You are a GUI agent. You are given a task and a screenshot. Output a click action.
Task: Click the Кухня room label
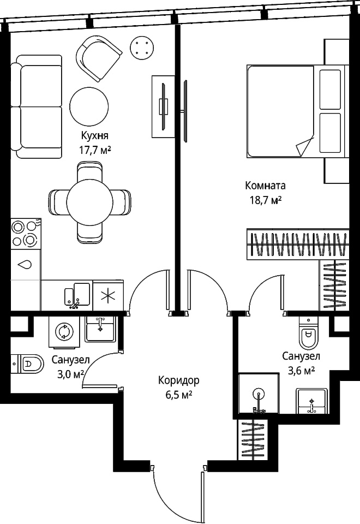pyautogui.click(x=95, y=135)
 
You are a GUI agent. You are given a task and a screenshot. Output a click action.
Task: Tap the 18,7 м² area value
pyautogui.click(x=266, y=200)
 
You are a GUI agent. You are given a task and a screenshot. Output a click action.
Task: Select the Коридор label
pyautogui.click(x=179, y=380)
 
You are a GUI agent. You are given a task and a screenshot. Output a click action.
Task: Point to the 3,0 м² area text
pyautogui.click(x=70, y=374)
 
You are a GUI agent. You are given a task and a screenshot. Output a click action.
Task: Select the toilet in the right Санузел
pyautogui.click(x=309, y=331)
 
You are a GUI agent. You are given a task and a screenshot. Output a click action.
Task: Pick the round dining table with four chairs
pyautogui.click(x=89, y=203)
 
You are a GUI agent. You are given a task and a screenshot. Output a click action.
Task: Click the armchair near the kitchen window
pyautogui.click(x=99, y=58)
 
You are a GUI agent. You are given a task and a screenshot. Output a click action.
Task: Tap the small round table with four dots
pyautogui.click(x=142, y=49)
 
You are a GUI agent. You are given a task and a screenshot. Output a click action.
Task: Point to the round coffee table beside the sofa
pyautogui.click(x=89, y=106)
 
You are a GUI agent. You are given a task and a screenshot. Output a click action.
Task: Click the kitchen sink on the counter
pyautogui.click(x=77, y=295)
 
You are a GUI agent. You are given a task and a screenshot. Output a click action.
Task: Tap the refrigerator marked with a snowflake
pyautogui.click(x=108, y=295)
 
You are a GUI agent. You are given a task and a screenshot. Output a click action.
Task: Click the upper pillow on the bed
pyautogui.click(x=331, y=89)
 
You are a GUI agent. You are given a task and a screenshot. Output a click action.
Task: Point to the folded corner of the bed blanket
pyautogui.click(x=305, y=145)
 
